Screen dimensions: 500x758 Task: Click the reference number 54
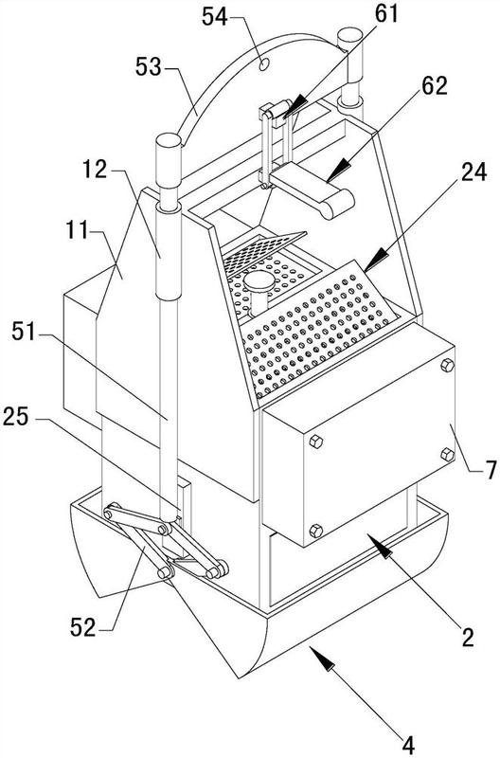pyautogui.click(x=215, y=17)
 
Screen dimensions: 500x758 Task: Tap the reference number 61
pyautogui.click(x=386, y=13)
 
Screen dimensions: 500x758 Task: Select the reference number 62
pyautogui.click(x=435, y=86)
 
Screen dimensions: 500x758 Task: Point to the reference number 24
pyautogui.click(x=473, y=171)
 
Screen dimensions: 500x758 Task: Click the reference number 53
pyautogui.click(x=149, y=66)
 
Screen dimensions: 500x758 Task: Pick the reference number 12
pyautogui.click(x=94, y=170)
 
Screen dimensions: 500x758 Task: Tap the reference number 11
pyautogui.click(x=78, y=230)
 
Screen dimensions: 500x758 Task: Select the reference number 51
pyautogui.click(x=24, y=333)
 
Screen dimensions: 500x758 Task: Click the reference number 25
pyautogui.click(x=16, y=417)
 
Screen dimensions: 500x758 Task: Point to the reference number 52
pyautogui.click(x=83, y=628)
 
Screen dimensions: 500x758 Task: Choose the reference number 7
pyautogui.click(x=491, y=469)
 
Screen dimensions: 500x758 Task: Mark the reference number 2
pyautogui.click(x=468, y=637)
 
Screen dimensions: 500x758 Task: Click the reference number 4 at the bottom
pyautogui.click(x=408, y=745)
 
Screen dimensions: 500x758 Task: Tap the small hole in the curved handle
pyautogui.click(x=264, y=63)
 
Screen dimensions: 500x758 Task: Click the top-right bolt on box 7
pyautogui.click(x=447, y=366)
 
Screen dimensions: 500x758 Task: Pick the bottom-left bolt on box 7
pyautogui.click(x=315, y=531)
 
